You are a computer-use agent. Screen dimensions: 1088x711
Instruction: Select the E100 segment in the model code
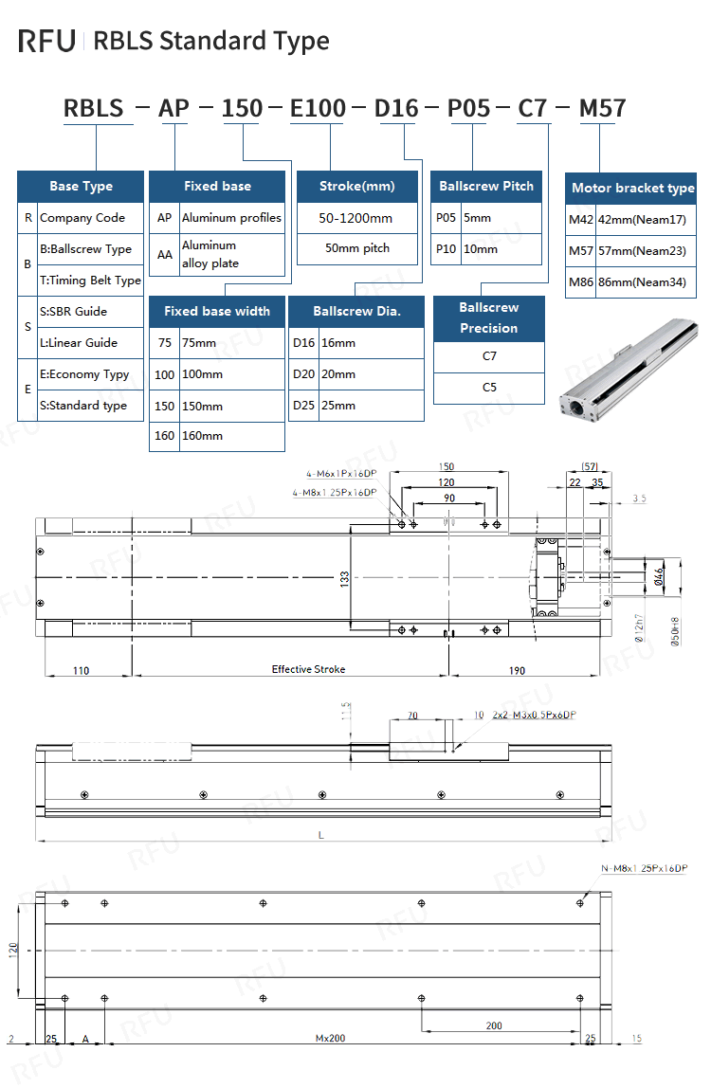(318, 108)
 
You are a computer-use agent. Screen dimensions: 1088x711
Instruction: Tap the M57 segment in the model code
(602, 108)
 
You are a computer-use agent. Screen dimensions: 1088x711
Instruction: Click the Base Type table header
(81, 187)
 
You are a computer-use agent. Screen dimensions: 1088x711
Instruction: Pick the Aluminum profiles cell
(231, 218)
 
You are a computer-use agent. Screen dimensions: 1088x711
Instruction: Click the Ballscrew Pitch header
(486, 187)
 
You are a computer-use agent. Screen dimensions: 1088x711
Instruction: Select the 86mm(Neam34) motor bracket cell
(644, 282)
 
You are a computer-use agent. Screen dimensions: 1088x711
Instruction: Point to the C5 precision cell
(489, 388)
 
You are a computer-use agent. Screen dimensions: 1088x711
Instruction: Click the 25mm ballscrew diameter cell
(338, 406)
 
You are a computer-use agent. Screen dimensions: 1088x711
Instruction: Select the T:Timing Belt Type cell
(90, 281)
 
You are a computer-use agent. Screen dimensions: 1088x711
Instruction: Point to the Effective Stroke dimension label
(308, 669)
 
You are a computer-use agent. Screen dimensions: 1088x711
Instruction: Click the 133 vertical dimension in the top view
(346, 576)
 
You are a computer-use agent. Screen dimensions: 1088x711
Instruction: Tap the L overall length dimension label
(320, 835)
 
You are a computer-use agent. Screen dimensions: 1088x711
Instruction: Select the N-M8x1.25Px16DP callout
(644, 869)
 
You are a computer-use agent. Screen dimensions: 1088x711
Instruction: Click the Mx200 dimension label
(330, 1039)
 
